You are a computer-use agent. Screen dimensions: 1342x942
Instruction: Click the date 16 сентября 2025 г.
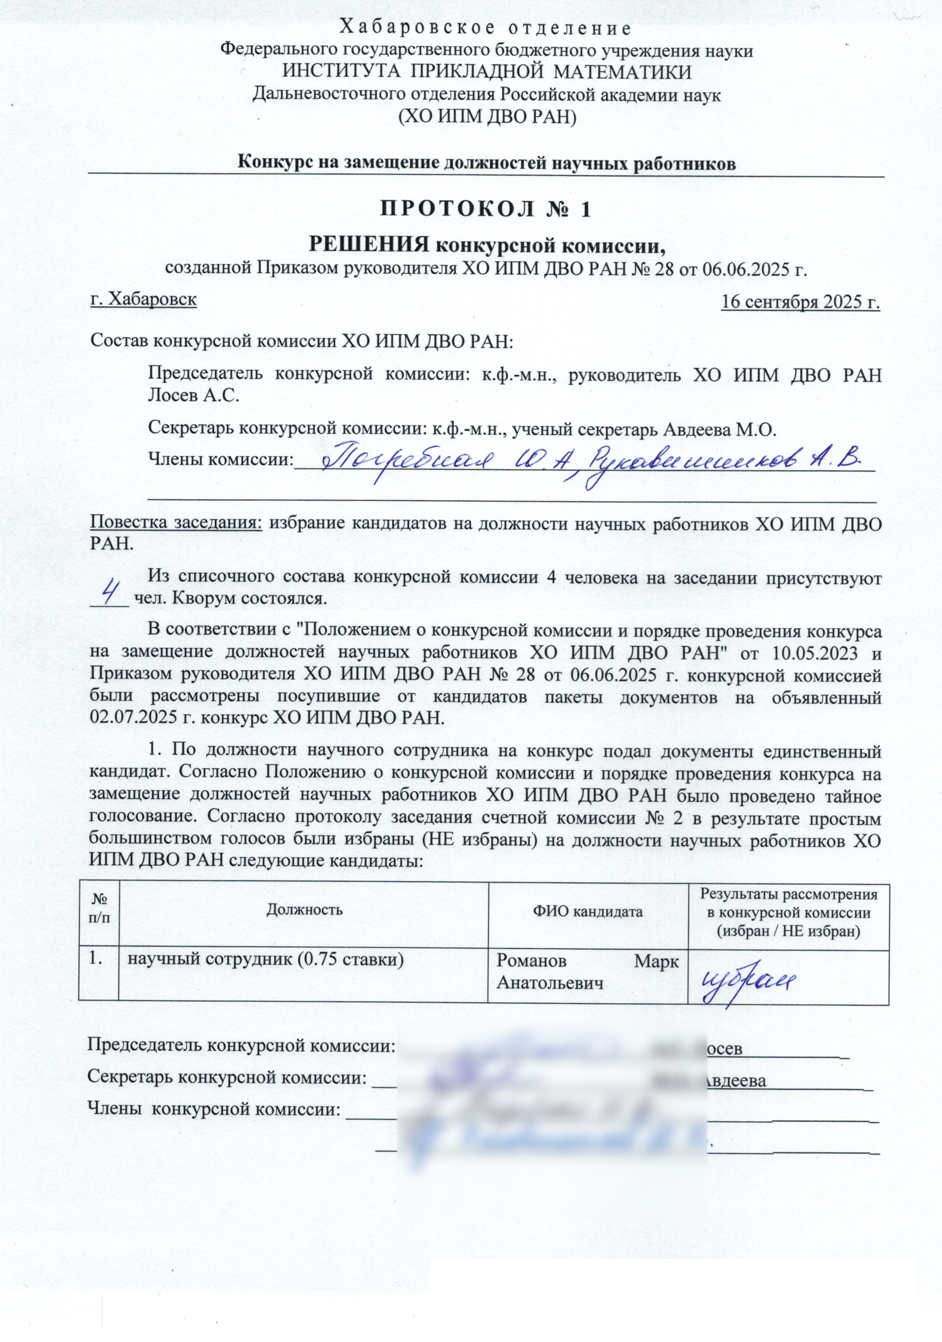[x=800, y=302]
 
